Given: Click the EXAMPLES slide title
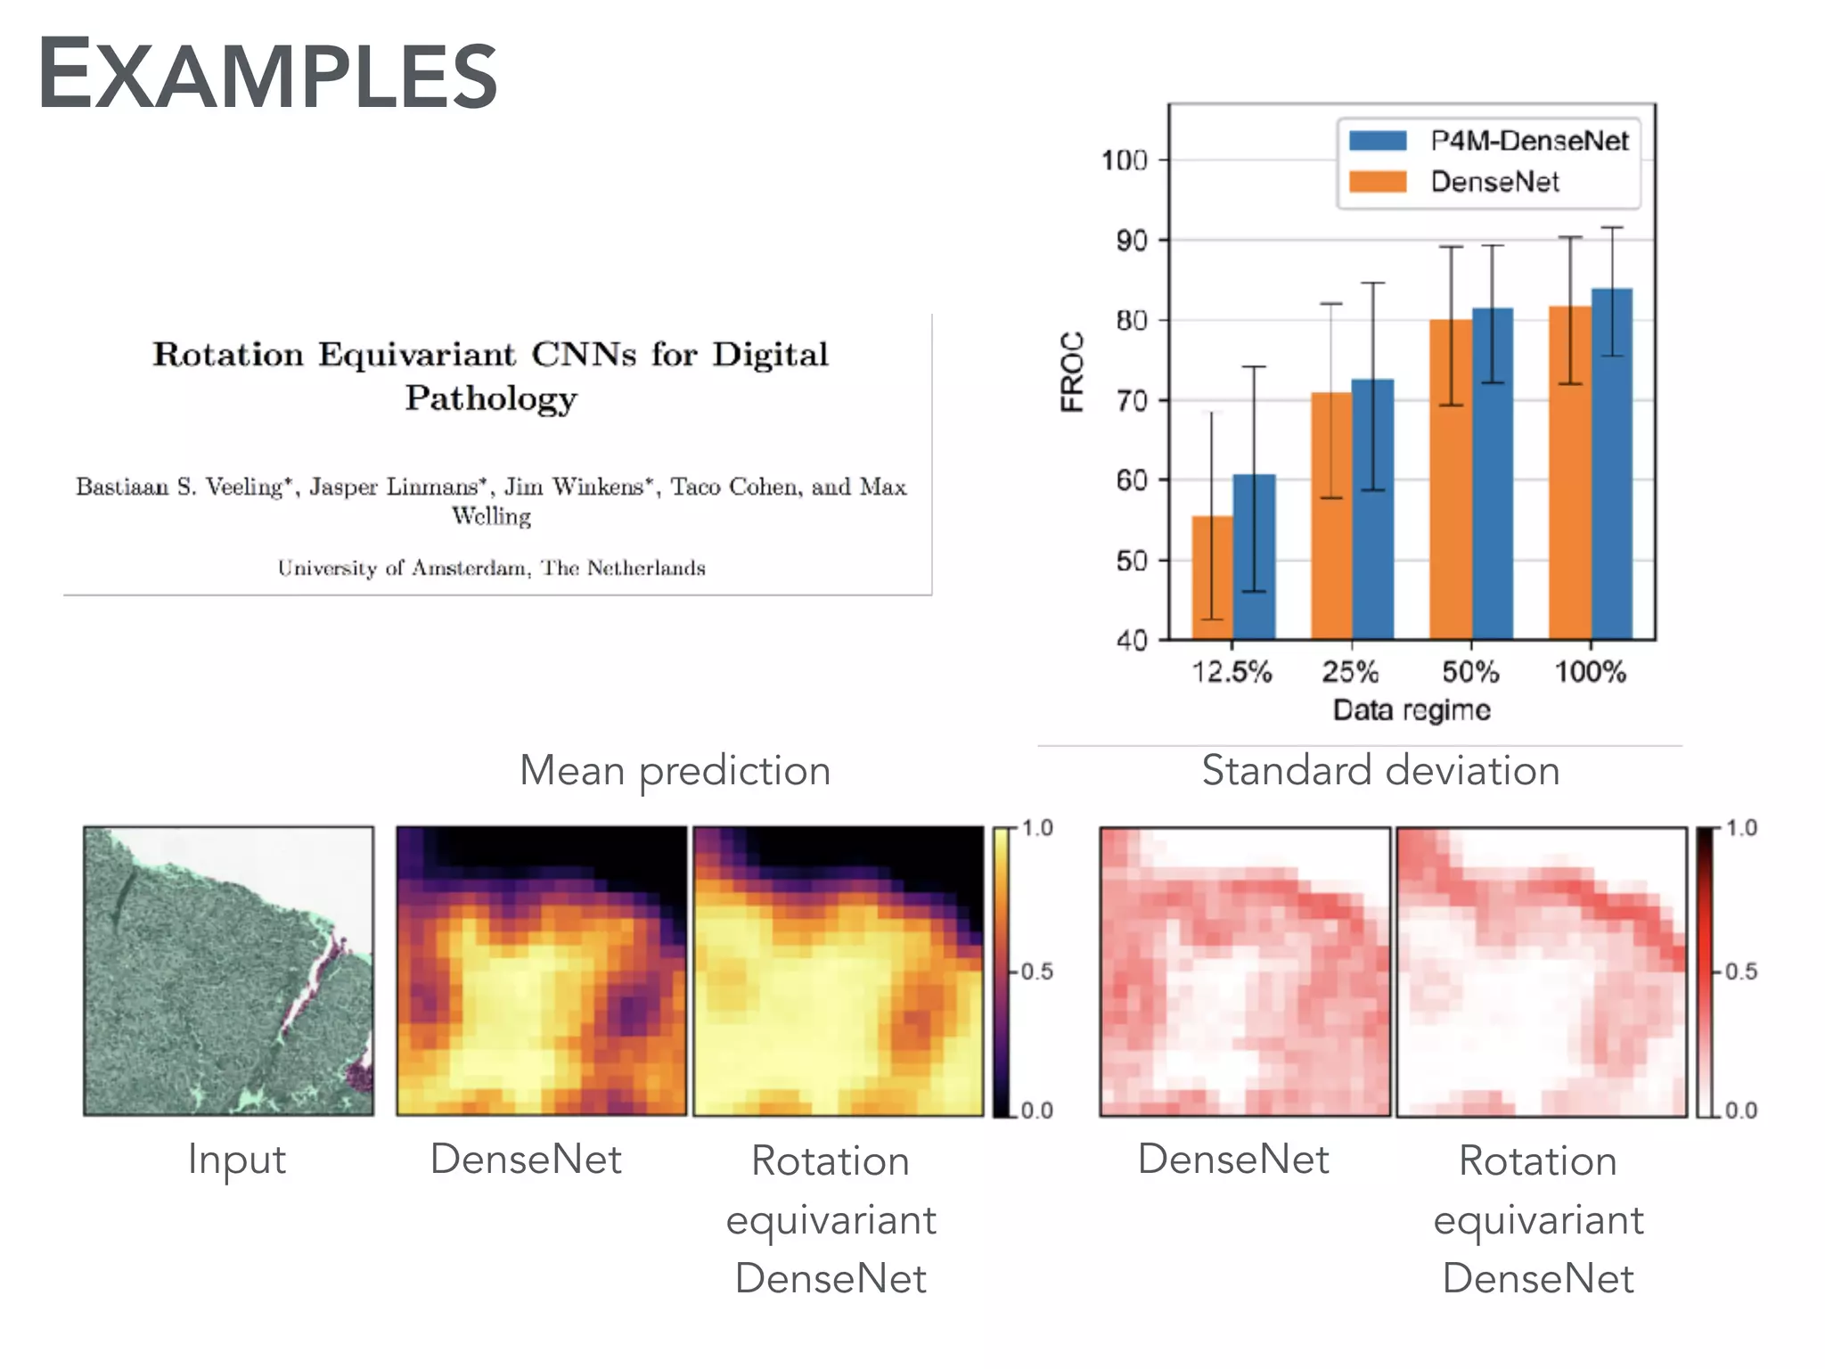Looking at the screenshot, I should (267, 75).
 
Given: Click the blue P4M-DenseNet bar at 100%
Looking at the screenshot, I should (1612, 463).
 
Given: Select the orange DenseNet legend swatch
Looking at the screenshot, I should (1378, 182).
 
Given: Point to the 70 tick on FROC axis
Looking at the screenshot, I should (1132, 401).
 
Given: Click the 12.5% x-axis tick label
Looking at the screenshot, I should (1232, 672).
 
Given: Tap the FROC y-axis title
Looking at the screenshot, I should (1072, 372).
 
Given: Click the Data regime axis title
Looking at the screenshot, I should (1412, 710).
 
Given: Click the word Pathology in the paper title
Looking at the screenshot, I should (491, 398).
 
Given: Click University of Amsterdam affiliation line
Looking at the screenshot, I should (491, 568).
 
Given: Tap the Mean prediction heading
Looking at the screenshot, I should (675, 770).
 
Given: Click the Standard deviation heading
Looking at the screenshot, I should (1380, 770).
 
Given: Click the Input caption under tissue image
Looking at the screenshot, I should (236, 1160).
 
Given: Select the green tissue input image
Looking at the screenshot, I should (228, 971).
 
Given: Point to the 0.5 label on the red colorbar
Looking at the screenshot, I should (1740, 971).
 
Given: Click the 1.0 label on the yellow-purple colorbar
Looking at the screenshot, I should (1036, 828).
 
